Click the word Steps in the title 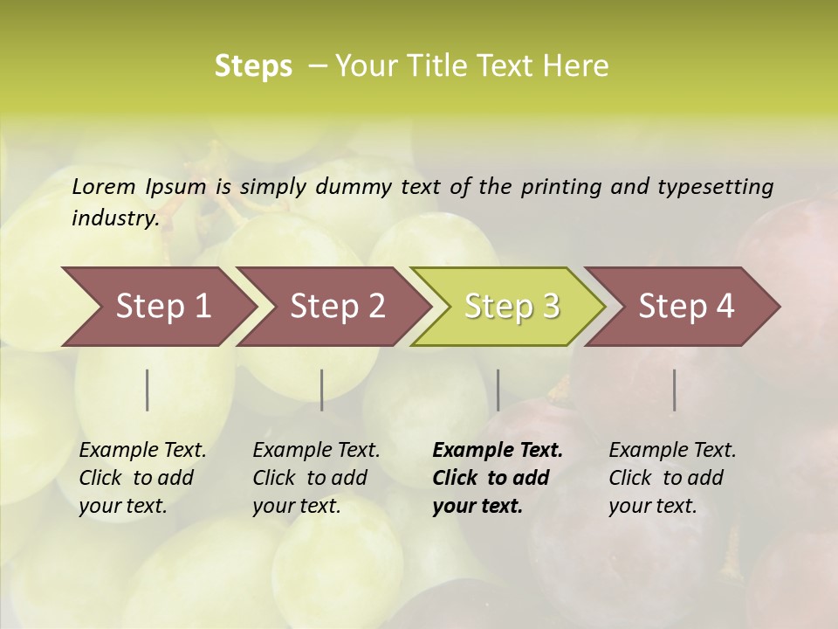point(253,66)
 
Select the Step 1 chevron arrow point(157,307)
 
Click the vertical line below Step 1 point(148,390)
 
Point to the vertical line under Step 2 point(322,390)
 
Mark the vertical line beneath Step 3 point(498,390)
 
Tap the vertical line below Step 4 point(675,390)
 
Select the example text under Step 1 point(142,478)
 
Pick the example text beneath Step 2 point(316,478)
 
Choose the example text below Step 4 point(672,478)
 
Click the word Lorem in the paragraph point(104,187)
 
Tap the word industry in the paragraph point(115,218)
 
